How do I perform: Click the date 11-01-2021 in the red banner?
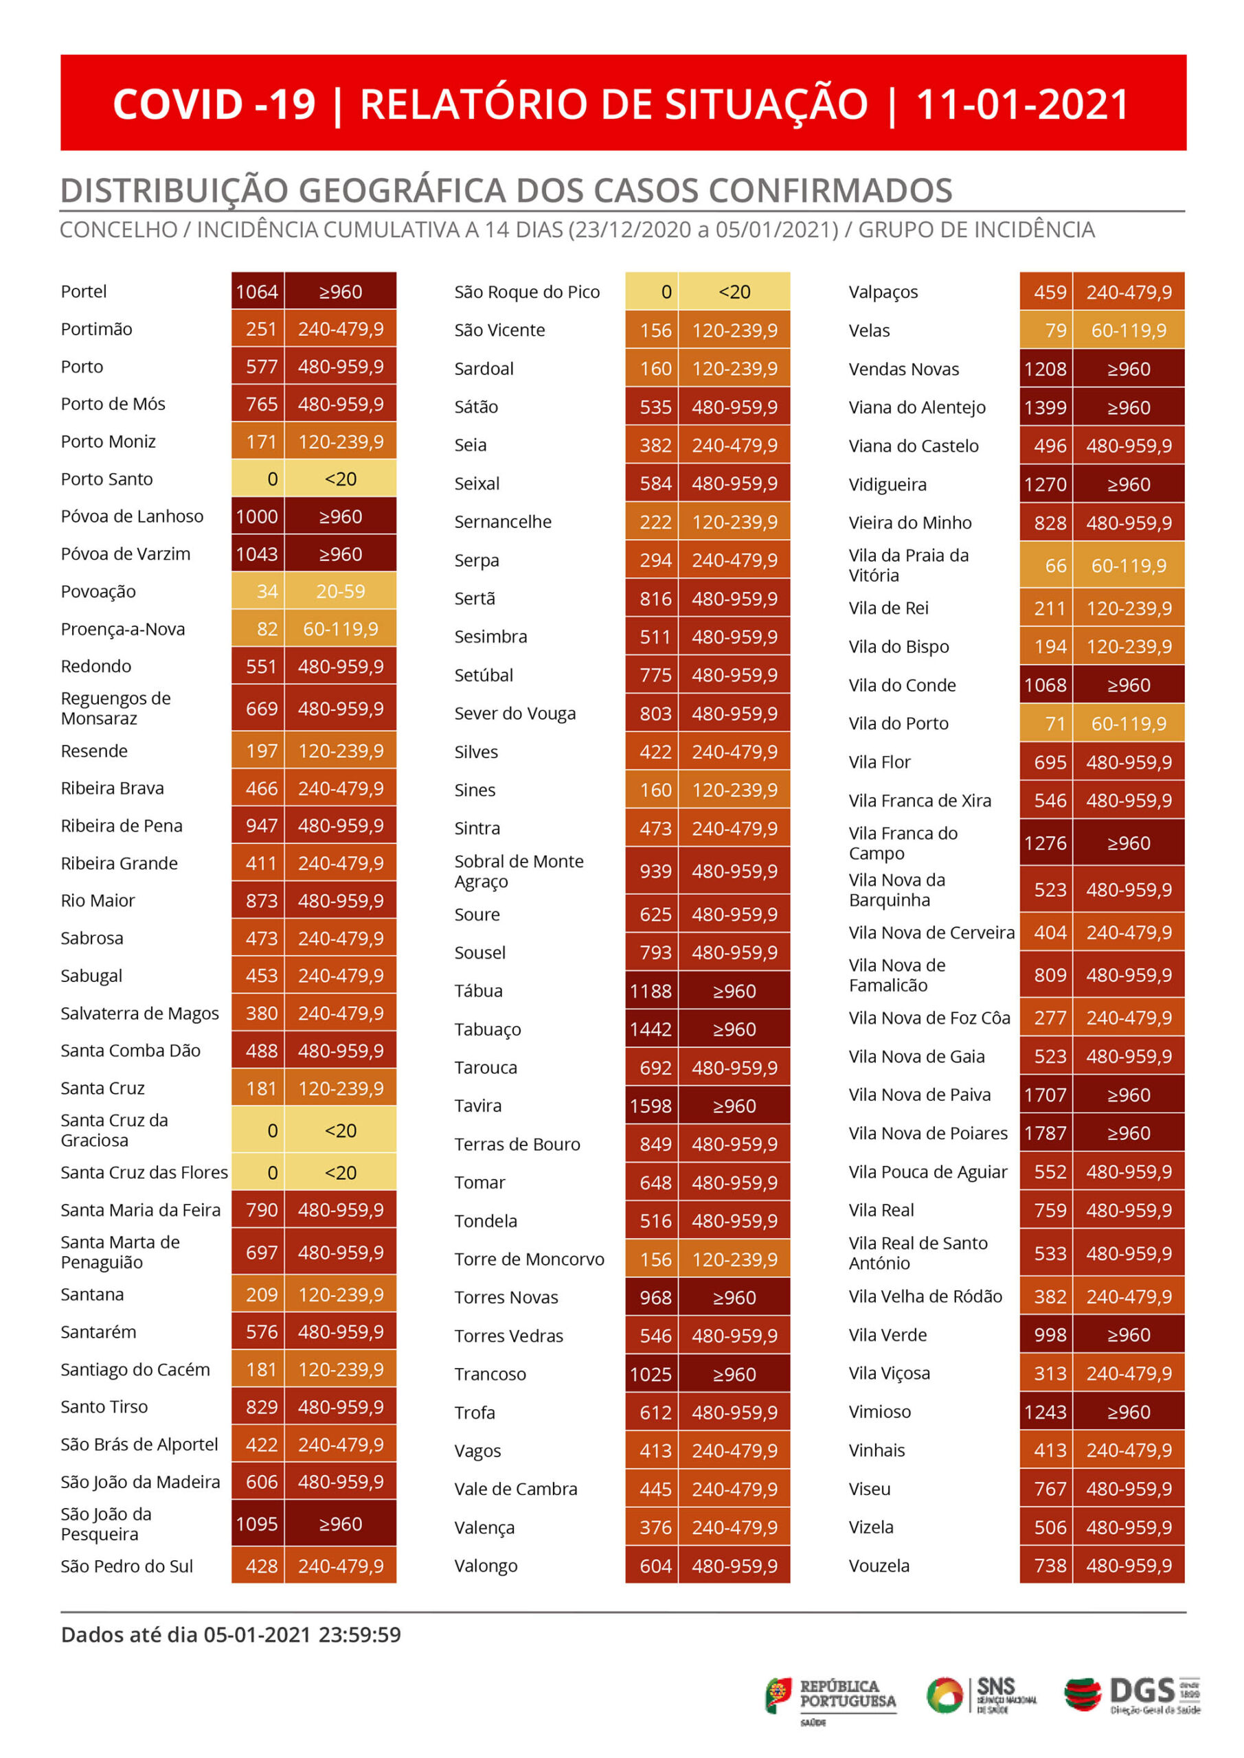tap(1022, 104)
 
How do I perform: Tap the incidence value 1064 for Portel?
tap(257, 292)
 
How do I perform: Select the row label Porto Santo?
tap(106, 479)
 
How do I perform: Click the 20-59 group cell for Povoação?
tap(340, 591)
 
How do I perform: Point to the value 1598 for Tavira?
tap(651, 1106)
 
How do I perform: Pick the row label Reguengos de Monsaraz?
tap(115, 708)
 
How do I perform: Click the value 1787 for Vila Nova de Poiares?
tap(1045, 1133)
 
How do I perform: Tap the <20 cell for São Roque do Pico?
tap(734, 292)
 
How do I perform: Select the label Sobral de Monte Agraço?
tap(519, 871)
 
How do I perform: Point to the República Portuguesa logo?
tap(830, 1698)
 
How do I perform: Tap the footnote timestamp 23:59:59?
tap(359, 1634)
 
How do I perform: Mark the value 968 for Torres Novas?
tap(656, 1297)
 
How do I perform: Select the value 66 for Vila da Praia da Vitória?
tap(1056, 565)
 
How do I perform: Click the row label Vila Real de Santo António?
tap(918, 1253)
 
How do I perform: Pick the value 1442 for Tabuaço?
tap(651, 1029)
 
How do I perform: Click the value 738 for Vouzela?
tap(1050, 1565)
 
